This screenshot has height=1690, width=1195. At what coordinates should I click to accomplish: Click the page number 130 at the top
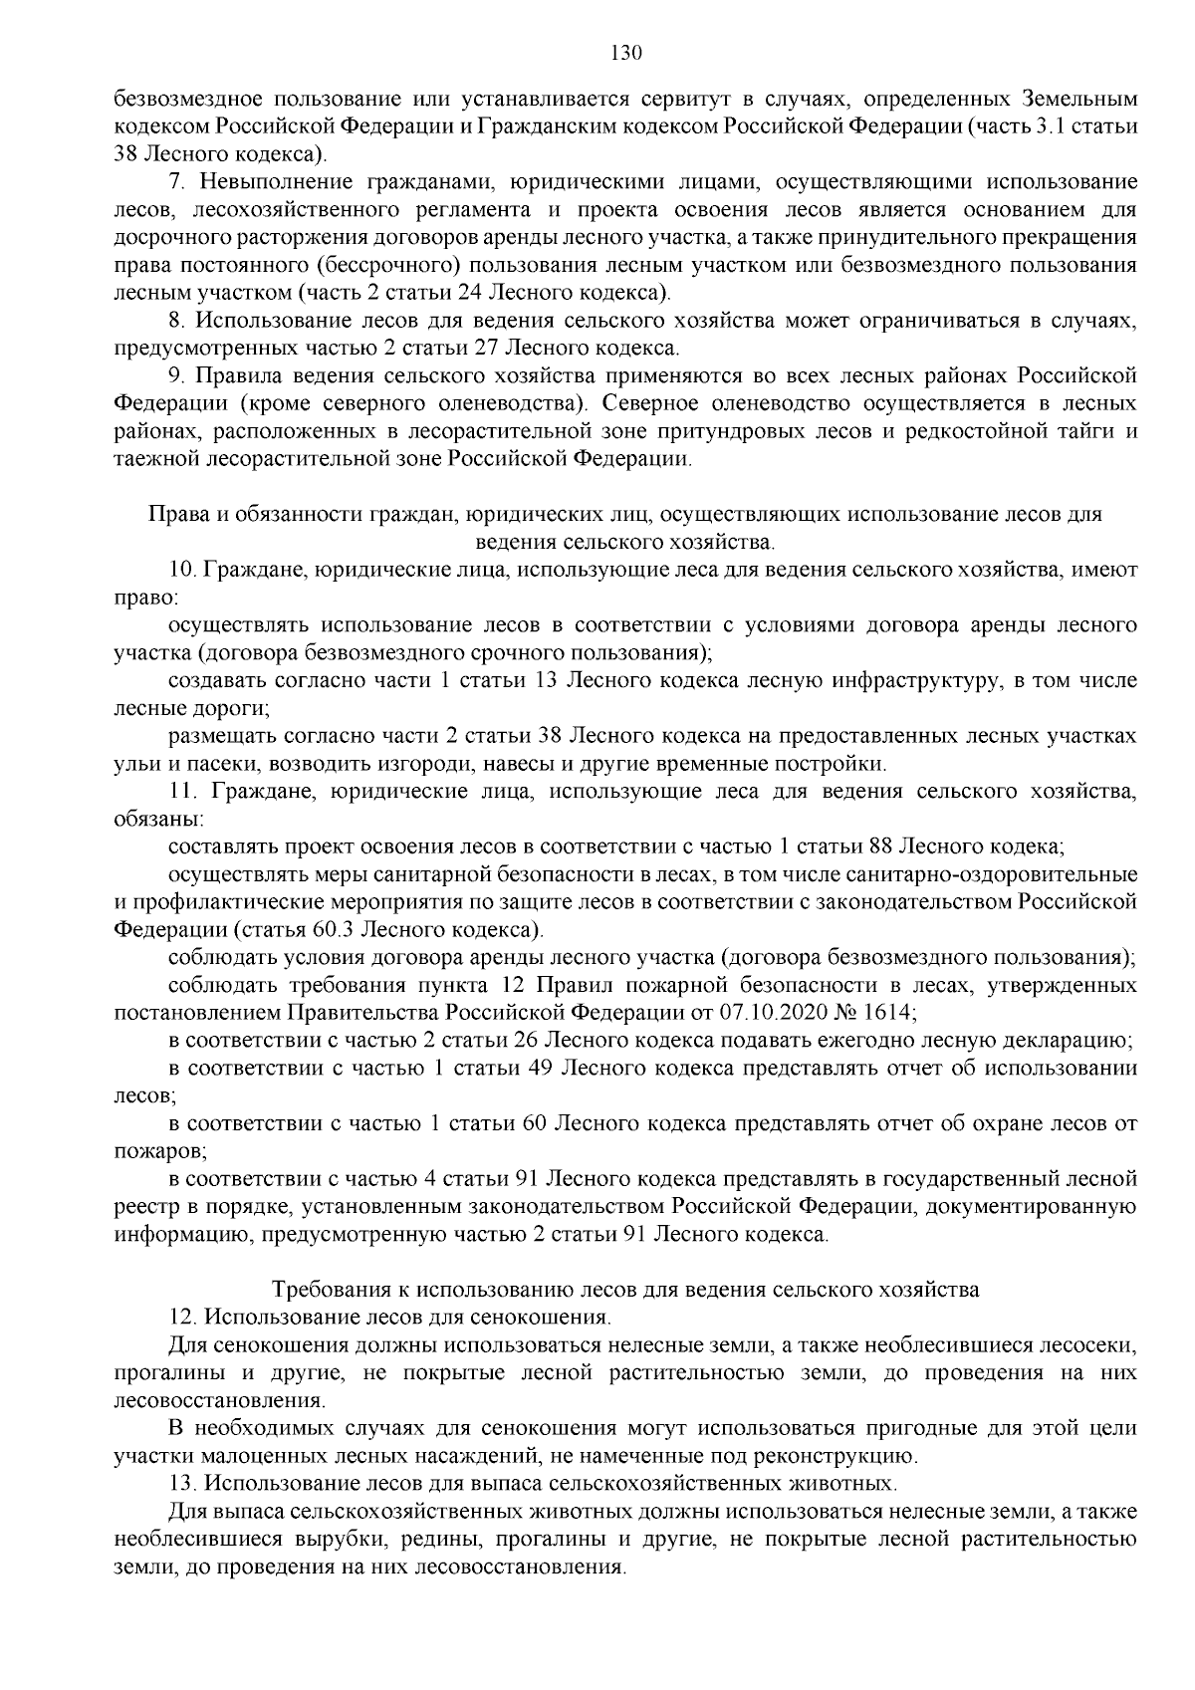pos(625,53)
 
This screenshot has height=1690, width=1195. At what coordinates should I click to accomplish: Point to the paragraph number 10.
pos(182,570)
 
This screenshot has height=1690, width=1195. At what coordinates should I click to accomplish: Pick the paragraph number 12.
pos(182,1317)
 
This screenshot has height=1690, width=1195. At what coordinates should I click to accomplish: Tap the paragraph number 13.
pos(182,1483)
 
